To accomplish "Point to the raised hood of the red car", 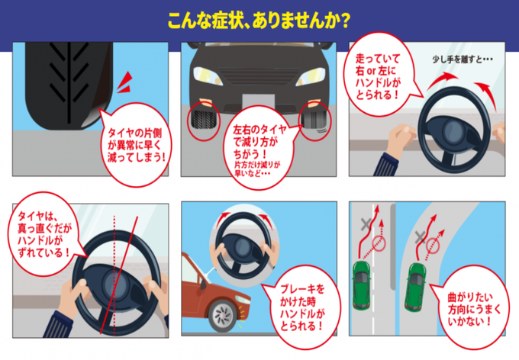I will click(x=195, y=271).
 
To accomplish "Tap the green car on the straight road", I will click(x=362, y=284).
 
